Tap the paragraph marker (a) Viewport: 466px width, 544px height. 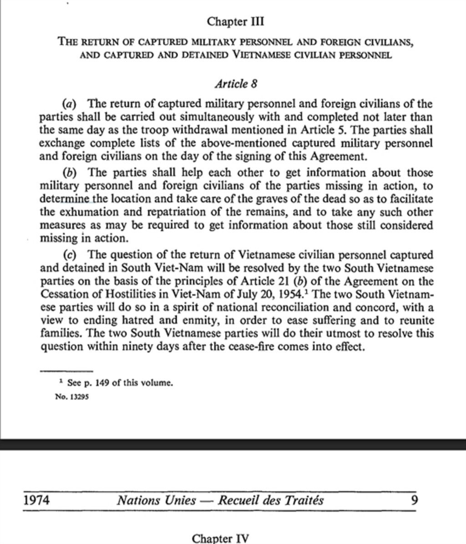tap(69, 104)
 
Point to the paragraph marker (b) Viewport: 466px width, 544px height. tap(69, 173)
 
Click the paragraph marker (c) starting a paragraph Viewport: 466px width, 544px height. tap(69, 255)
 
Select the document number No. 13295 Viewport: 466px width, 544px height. tap(71, 397)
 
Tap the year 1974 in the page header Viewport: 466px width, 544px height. tap(36, 501)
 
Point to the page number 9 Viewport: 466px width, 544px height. tap(414, 501)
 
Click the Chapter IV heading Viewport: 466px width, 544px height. tap(220, 539)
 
